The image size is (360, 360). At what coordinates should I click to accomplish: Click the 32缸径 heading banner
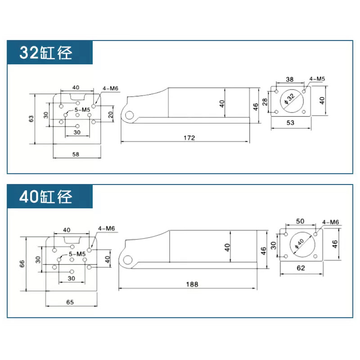pos(50,52)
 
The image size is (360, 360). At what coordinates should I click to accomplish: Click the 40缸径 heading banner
pos(50,197)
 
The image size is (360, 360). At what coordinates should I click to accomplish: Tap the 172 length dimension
pos(189,138)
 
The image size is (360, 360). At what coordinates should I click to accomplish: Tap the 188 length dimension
pos(192,284)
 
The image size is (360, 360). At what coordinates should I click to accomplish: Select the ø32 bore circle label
pos(290,99)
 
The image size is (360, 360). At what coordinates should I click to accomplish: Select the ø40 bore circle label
pos(299,244)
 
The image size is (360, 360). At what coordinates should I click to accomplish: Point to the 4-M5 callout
pos(317,79)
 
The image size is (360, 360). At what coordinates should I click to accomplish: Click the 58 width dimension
pos(76,154)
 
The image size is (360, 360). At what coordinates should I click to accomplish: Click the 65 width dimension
pos(70,302)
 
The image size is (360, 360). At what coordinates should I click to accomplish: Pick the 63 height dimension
pos(31,119)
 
